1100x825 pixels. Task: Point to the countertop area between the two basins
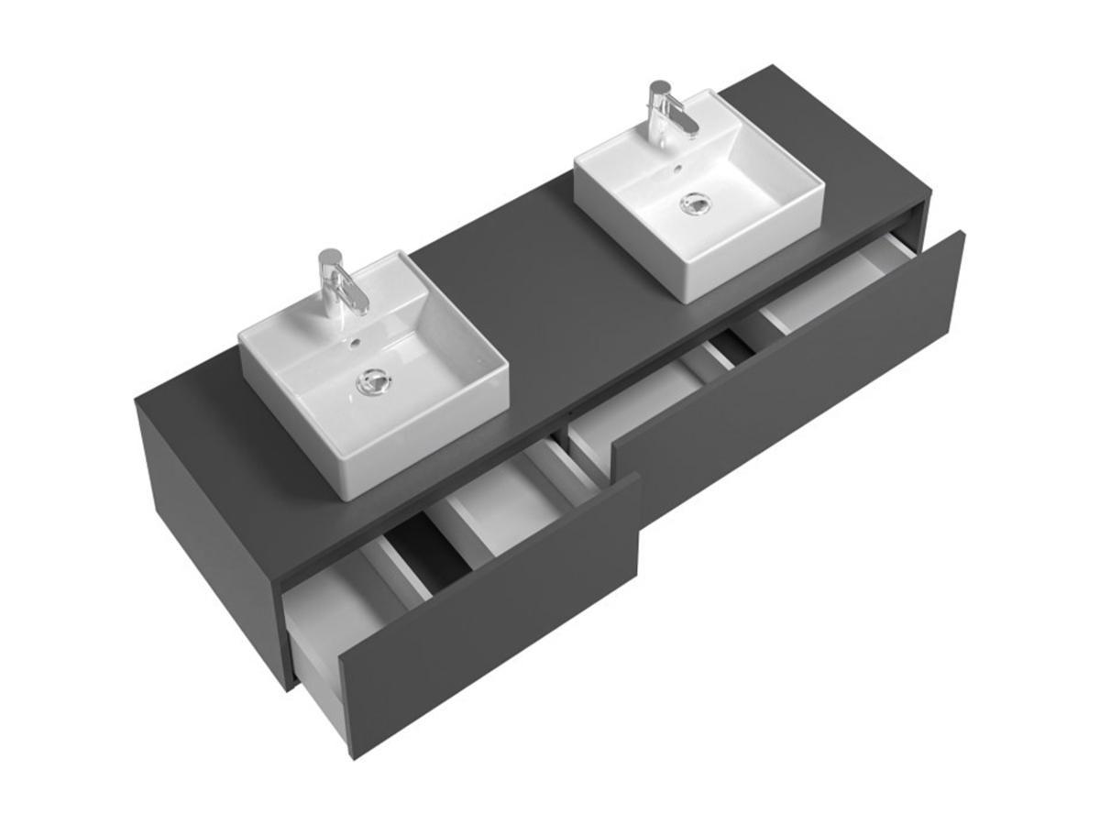(541, 275)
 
